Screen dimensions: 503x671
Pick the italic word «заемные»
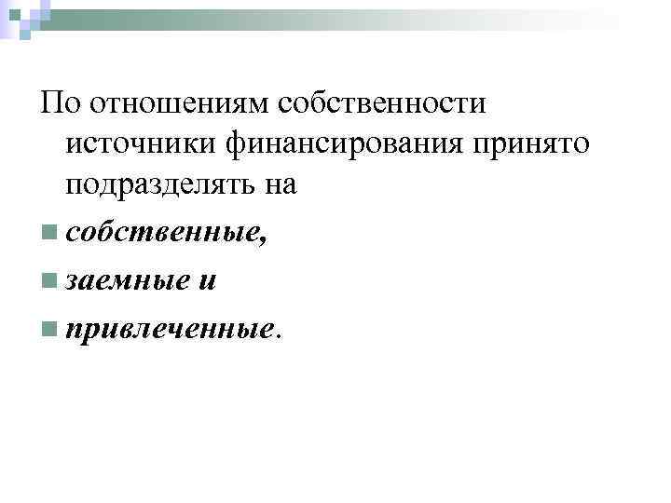pyautogui.click(x=126, y=279)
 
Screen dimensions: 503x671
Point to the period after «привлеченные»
pyautogui.click(x=276, y=334)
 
